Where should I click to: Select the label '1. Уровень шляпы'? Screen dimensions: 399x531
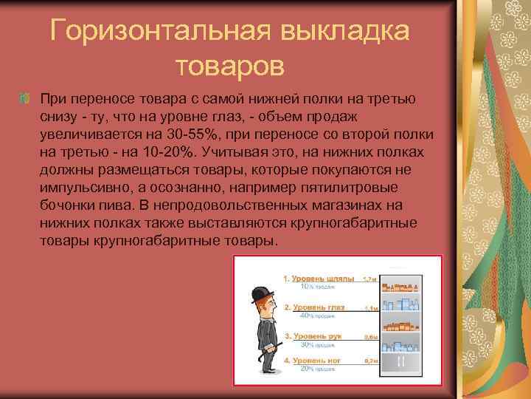tap(318, 279)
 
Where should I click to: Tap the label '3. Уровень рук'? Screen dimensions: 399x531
tap(313, 336)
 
